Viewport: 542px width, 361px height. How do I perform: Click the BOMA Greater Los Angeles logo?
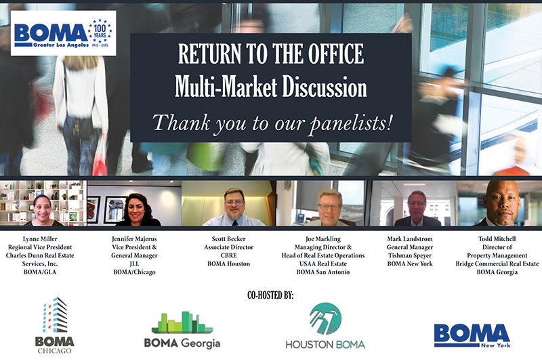point(63,33)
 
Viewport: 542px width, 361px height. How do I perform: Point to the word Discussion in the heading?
point(325,87)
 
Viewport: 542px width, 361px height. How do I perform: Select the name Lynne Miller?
point(40,238)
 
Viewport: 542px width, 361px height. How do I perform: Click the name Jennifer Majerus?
point(134,239)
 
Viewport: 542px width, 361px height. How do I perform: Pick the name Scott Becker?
point(228,238)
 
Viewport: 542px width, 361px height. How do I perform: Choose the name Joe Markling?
point(323,239)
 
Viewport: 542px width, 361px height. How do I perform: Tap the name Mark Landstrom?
point(410,238)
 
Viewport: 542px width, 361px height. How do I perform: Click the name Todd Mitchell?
point(497,238)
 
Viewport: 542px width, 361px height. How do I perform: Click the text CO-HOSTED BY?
point(270,295)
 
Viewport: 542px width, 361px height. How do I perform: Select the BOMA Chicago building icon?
point(56,315)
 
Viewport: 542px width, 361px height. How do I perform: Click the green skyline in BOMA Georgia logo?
point(182,322)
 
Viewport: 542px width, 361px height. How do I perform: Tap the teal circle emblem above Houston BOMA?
point(325,319)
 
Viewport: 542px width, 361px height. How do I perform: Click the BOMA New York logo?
point(472,335)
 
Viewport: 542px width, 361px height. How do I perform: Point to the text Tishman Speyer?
point(410,255)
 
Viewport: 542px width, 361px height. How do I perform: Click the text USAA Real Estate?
point(323,264)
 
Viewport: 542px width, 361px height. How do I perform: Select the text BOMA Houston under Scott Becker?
point(228,264)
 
